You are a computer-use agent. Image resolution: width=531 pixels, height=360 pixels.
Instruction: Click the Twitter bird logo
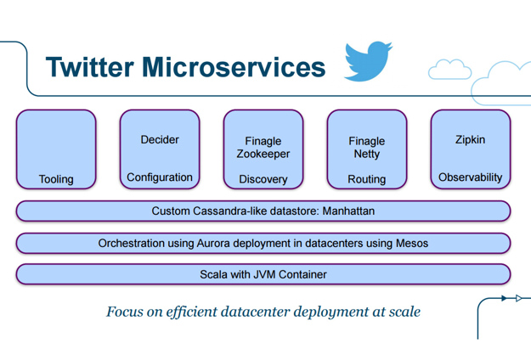tap(368, 61)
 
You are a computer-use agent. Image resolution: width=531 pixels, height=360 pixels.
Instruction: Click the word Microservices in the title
tap(234, 67)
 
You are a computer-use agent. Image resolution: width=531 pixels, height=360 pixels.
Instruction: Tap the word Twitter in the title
tap(90, 67)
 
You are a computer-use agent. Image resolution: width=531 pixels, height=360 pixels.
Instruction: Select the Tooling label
tap(56, 179)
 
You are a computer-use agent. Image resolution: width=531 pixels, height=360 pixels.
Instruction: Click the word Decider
tap(160, 139)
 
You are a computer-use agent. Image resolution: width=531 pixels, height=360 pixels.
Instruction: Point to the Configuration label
tap(160, 177)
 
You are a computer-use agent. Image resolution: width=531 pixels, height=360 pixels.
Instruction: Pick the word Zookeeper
tap(263, 154)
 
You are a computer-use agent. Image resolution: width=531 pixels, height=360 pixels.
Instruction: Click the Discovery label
tap(263, 179)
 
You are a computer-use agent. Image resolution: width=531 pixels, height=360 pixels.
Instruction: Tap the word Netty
tap(367, 154)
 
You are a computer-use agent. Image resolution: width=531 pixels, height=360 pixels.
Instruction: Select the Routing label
tap(367, 179)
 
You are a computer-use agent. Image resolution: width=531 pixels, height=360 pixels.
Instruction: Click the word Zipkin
tap(471, 139)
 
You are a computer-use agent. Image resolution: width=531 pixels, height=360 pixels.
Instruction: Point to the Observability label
tap(471, 177)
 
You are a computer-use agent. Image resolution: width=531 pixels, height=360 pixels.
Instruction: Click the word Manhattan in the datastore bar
tap(348, 211)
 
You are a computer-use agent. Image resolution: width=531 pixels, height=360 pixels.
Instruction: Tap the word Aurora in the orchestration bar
tap(213, 244)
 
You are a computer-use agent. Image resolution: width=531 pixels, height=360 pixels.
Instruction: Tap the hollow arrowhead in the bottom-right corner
tap(518, 298)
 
